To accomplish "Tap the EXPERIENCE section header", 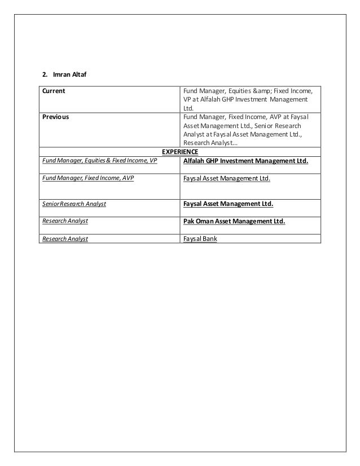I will click(x=180, y=152).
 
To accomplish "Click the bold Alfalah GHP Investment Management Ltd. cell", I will click(x=246, y=161).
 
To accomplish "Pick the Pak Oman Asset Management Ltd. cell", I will click(x=234, y=222).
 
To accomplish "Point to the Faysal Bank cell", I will click(x=200, y=239).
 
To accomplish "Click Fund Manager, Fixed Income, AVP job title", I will click(x=89, y=179).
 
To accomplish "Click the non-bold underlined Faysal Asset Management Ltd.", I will click(x=227, y=179).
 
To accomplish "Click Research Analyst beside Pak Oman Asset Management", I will click(x=65, y=221).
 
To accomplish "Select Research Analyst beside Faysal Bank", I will click(x=65, y=239).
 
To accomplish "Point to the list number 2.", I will click(x=45, y=74).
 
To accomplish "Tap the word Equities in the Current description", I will click(x=236, y=91).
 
